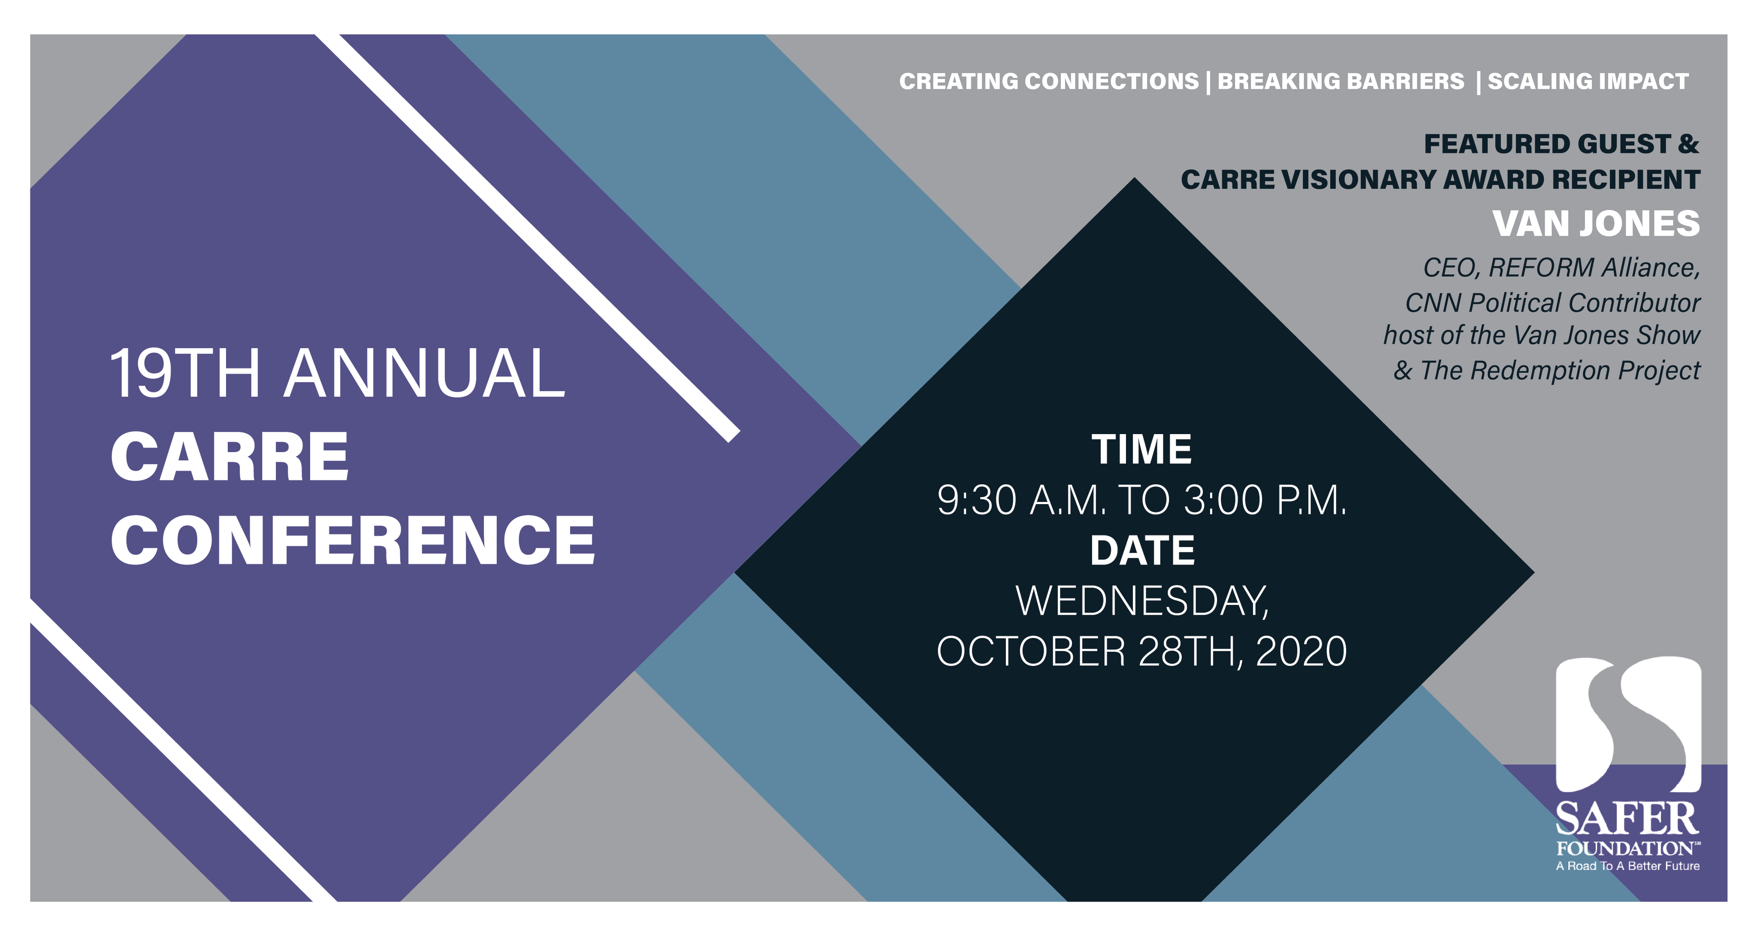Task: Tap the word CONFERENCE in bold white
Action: coord(353,541)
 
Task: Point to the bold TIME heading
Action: coord(1142,450)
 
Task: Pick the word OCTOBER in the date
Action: coord(1031,652)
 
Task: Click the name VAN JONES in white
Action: coord(1596,224)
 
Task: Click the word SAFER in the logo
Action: coord(1627,819)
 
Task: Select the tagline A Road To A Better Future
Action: coord(1627,866)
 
